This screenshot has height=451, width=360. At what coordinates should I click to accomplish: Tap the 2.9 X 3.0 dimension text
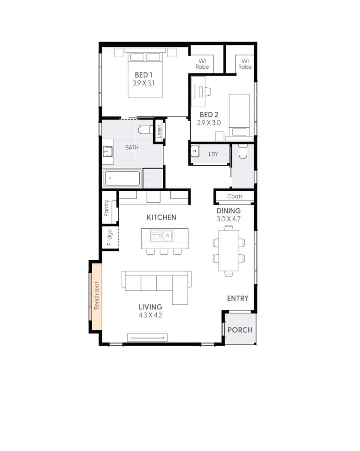[x=209, y=123]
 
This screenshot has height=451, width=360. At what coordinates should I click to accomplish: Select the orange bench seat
[x=96, y=296]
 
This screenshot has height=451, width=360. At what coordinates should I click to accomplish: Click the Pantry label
[x=107, y=208]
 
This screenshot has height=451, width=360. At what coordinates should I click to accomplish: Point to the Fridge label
[x=109, y=237]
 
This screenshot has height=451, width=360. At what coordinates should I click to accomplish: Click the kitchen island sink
[x=161, y=235]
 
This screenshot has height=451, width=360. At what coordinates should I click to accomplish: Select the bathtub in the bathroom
[x=123, y=179]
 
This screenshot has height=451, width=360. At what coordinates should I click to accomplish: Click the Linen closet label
[x=159, y=132]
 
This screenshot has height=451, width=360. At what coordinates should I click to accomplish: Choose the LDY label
[x=213, y=154]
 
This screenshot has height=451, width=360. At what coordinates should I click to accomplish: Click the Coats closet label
[x=235, y=196]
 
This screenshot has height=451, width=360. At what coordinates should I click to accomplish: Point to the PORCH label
[x=240, y=330]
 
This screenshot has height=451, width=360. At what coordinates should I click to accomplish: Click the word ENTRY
[x=237, y=298]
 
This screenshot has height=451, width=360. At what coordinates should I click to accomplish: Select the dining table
[x=229, y=251]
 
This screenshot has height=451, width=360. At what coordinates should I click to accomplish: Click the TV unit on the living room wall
[x=148, y=337]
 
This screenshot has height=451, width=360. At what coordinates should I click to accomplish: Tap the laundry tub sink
[x=195, y=151]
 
